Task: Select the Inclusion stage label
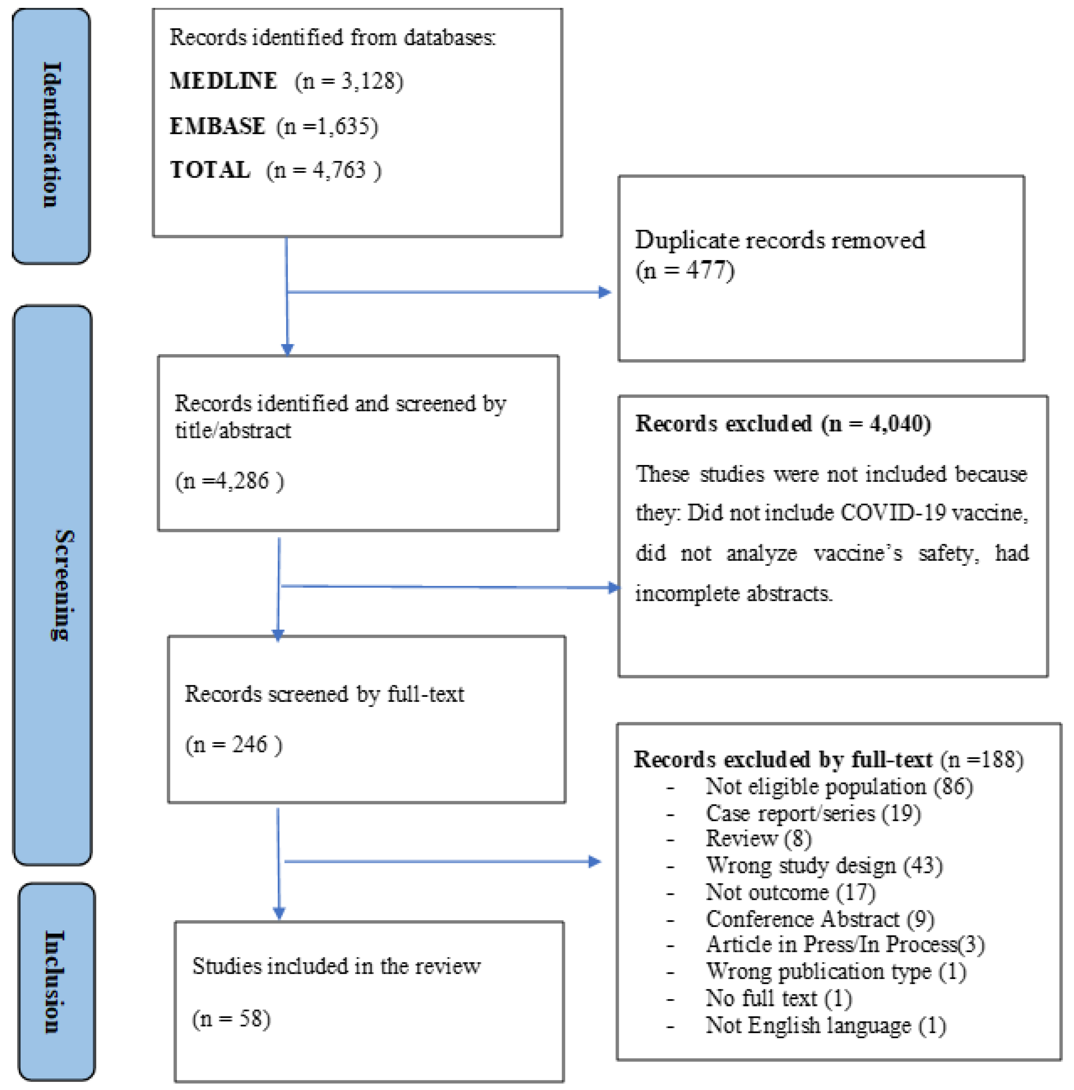coord(55,982)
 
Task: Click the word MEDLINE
coord(223,81)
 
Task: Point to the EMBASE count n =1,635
coord(327,126)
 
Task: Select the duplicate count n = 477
coord(685,271)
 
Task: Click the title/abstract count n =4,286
coord(230,481)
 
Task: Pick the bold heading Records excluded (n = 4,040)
coord(783,424)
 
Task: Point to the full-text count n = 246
coord(234,745)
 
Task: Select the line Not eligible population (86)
coord(839,786)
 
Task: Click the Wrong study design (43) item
coord(824,865)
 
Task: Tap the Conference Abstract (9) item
coord(820,919)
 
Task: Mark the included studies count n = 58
coord(231,1019)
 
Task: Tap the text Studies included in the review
coord(336,967)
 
